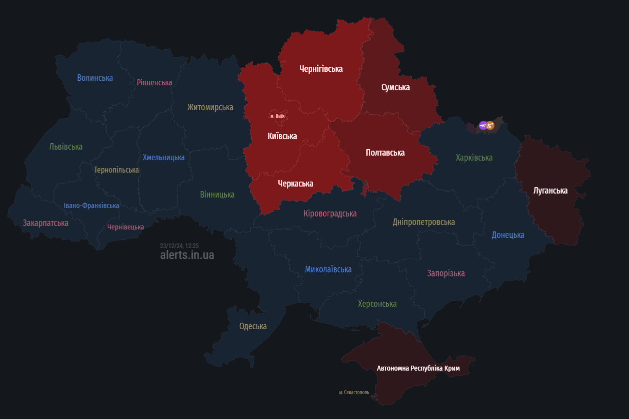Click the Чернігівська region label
click(x=321, y=69)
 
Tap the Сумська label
click(x=395, y=87)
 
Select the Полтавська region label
click(x=385, y=153)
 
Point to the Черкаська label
click(x=295, y=184)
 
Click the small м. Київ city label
click(x=277, y=116)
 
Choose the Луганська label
click(x=550, y=191)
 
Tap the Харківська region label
click(x=474, y=158)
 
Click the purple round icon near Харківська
click(x=483, y=126)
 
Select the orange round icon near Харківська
click(x=490, y=126)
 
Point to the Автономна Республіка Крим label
click(x=418, y=368)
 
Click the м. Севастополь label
click(x=354, y=393)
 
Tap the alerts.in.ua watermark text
click(x=187, y=255)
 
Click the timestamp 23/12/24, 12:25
click(x=179, y=246)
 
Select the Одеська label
click(x=253, y=326)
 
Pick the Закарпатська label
click(x=45, y=223)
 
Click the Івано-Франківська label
click(x=91, y=206)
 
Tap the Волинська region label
click(x=95, y=78)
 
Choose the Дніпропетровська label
click(x=424, y=222)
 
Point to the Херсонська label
click(x=377, y=304)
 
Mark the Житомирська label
click(x=210, y=107)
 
